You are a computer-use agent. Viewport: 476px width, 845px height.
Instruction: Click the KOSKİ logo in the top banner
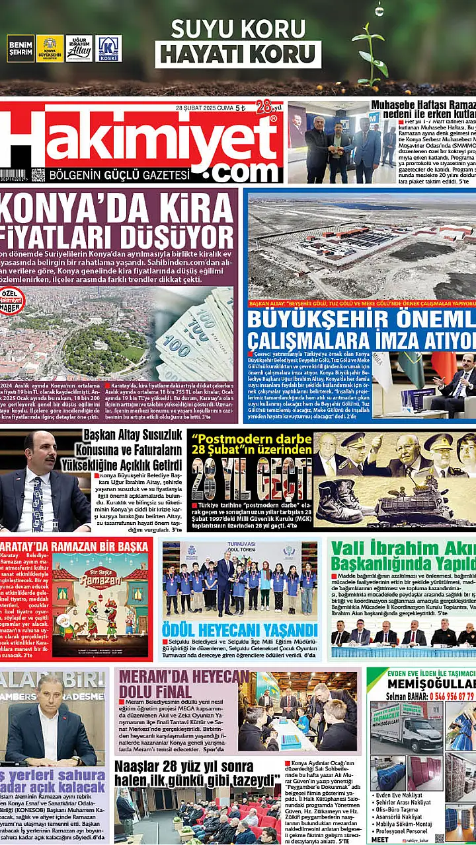108,48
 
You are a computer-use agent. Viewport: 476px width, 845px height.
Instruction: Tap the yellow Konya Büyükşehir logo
50,48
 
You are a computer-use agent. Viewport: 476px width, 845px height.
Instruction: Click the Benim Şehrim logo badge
20,48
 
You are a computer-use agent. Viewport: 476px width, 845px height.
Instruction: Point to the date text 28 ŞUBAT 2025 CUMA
205,108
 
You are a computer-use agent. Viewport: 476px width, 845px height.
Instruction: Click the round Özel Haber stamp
11,301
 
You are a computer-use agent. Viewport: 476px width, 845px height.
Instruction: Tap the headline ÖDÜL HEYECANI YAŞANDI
240,628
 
